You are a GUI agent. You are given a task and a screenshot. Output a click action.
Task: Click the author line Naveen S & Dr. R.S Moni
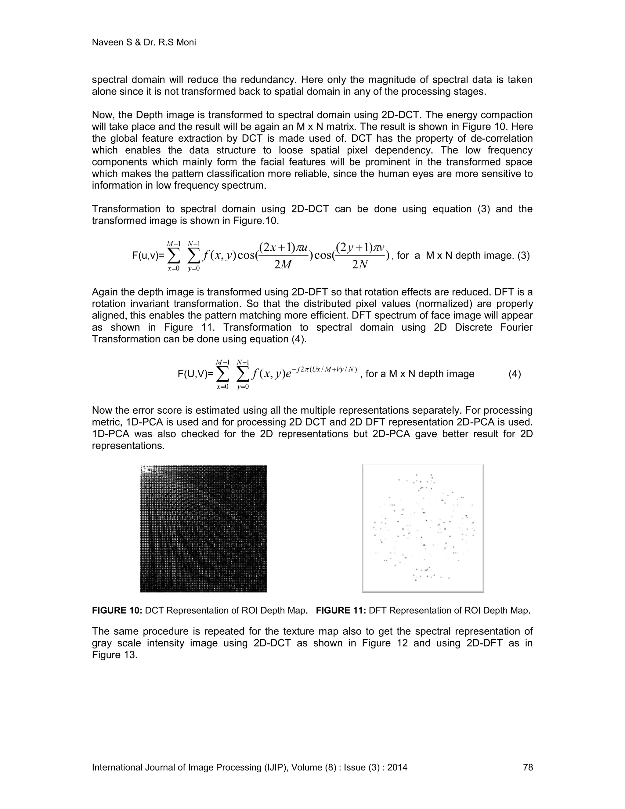pyautogui.click(x=144, y=43)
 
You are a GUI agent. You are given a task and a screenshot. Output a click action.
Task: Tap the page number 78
pyautogui.click(x=528, y=767)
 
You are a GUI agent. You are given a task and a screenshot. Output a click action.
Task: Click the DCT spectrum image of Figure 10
pyautogui.click(x=204, y=528)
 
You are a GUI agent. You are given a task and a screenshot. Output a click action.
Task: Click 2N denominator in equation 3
pyautogui.click(x=360, y=265)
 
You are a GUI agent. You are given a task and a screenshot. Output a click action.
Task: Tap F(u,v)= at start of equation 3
pyautogui.click(x=148, y=256)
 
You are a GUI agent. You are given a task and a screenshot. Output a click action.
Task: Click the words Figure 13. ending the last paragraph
pyautogui.click(x=115, y=655)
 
